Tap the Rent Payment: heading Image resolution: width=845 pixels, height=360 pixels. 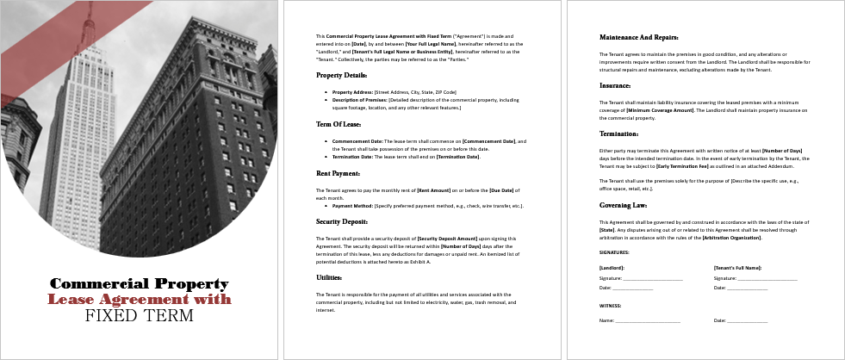click(337, 174)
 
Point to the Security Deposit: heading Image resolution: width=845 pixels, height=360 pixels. click(341, 221)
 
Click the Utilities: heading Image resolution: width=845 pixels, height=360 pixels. click(330, 277)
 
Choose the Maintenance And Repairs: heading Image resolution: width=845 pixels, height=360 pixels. click(639, 37)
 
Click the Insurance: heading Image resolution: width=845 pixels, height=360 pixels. click(615, 85)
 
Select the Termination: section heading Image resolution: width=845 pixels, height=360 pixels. click(619, 133)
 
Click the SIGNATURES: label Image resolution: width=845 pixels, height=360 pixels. click(614, 252)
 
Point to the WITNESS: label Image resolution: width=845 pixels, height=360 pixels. click(610, 305)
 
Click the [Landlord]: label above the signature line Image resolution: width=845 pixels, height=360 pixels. click(612, 269)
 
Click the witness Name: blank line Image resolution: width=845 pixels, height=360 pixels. click(647, 320)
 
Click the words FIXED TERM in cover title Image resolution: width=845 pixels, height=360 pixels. click(139, 315)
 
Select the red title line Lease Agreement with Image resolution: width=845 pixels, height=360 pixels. click(139, 299)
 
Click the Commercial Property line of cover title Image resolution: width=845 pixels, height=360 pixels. click(139, 283)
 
